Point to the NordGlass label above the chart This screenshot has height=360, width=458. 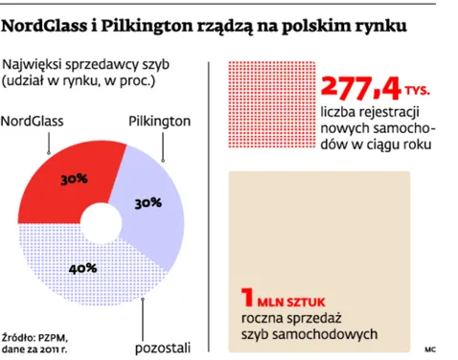click(37, 122)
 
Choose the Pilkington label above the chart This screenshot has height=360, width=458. click(158, 122)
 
